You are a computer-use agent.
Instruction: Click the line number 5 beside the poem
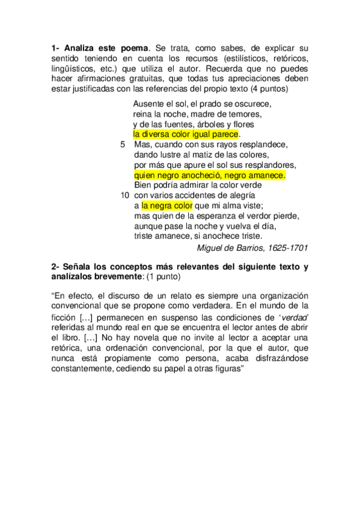pyautogui.click(x=123, y=145)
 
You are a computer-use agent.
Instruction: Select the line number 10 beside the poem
pyautogui.click(x=124, y=195)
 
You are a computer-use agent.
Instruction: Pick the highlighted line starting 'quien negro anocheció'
pyautogui.click(x=209, y=175)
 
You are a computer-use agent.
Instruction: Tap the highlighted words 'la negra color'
pyautogui.click(x=166, y=205)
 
